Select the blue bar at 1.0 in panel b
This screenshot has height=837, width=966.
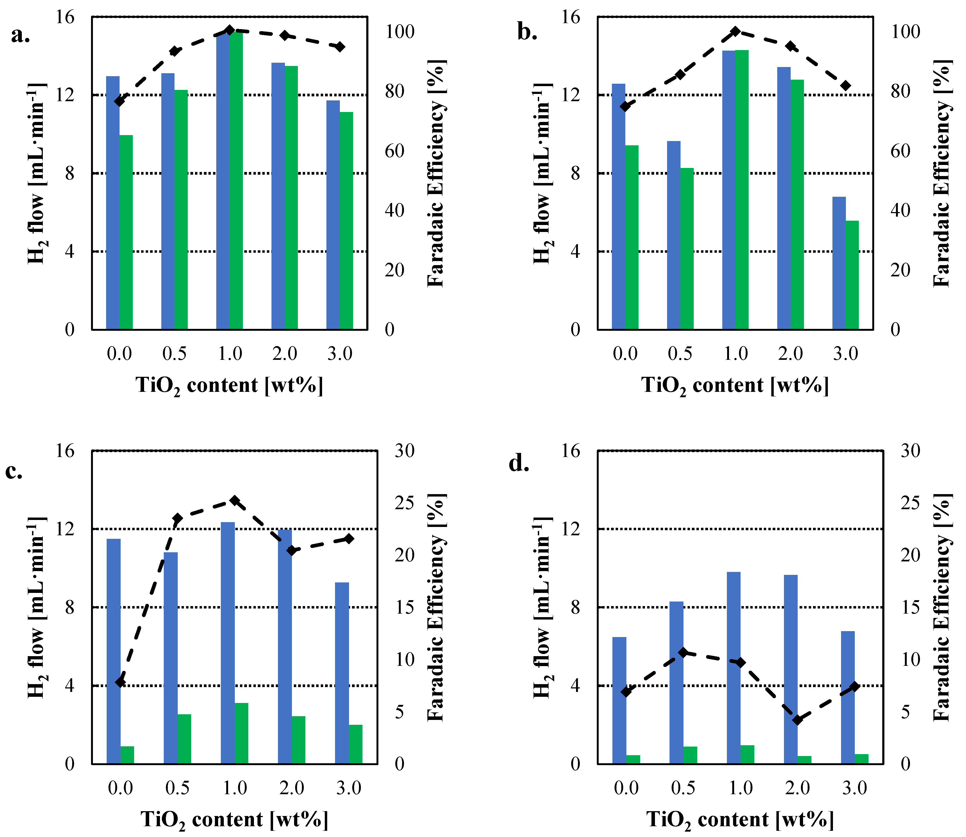pos(728,189)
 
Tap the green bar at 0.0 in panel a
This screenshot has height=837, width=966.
pos(126,232)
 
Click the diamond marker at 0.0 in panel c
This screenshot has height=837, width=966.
pos(121,682)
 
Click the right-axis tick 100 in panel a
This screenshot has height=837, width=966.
pos(400,32)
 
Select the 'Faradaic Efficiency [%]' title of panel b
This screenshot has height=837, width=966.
pos(942,173)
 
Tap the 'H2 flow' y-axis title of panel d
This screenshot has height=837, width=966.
pos(542,607)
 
